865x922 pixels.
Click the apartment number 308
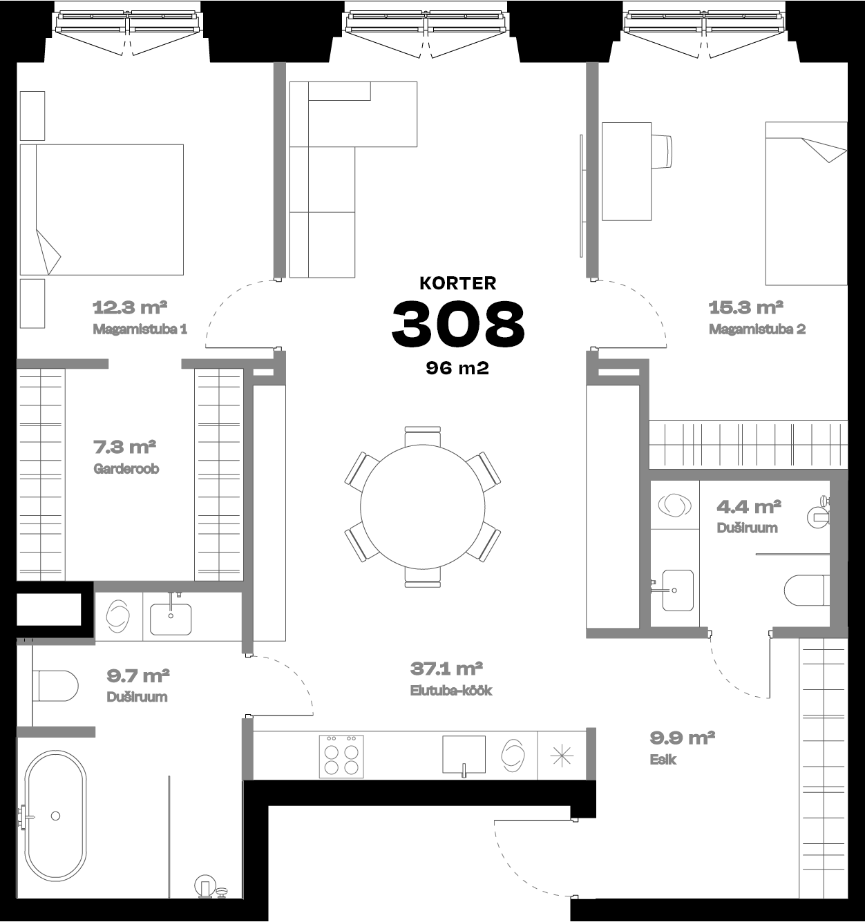(458, 324)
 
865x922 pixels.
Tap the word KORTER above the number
(458, 283)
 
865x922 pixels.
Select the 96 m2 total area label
(457, 368)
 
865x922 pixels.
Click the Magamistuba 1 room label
(140, 329)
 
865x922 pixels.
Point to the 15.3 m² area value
(746, 307)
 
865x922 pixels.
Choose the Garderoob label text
(126, 468)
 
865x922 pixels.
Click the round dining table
(423, 506)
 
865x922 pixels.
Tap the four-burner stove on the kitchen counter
(341, 756)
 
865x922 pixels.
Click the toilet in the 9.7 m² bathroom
(56, 686)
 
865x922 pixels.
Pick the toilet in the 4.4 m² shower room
(806, 590)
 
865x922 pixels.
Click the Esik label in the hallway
(663, 760)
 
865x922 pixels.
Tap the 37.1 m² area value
(446, 669)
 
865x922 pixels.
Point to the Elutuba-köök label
(451, 691)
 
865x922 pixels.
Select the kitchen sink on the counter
(464, 756)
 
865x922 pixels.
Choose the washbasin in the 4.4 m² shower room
(678, 590)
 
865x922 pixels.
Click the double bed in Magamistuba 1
(102, 209)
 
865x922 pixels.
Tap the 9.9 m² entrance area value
(682, 738)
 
